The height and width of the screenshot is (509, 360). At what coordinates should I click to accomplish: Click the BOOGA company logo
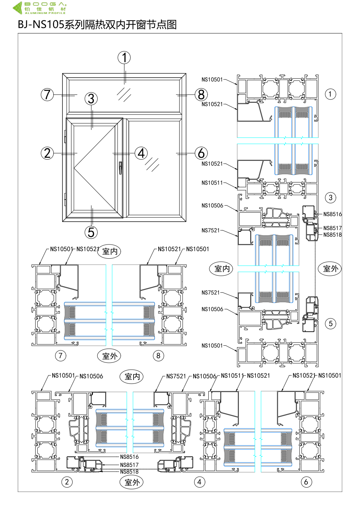40,8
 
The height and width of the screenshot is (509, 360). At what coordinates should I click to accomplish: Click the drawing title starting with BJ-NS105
97,25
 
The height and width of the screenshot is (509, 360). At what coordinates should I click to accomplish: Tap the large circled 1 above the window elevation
124,57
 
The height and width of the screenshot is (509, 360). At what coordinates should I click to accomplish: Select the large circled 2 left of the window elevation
47,153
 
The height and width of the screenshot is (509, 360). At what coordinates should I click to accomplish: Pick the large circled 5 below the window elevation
91,232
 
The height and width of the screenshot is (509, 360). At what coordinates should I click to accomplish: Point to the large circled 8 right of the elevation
201,95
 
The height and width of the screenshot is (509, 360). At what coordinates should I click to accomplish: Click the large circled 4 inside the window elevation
141,153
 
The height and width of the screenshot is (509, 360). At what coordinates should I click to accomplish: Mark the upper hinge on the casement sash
65,139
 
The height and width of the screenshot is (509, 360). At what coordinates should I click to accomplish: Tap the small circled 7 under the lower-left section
61,356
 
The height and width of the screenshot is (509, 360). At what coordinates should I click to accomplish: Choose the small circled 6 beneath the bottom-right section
306,482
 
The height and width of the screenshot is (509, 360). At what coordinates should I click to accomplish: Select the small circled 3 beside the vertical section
330,198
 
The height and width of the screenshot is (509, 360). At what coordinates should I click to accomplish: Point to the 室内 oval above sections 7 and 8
110,251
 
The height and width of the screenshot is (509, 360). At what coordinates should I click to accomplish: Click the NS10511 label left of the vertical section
212,183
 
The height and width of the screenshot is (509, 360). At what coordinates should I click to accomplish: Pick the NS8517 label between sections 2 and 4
129,465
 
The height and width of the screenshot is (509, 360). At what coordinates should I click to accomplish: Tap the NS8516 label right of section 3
332,214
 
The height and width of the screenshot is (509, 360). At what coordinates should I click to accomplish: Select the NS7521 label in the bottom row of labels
176,376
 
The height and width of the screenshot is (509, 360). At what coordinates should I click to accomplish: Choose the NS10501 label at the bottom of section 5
212,346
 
